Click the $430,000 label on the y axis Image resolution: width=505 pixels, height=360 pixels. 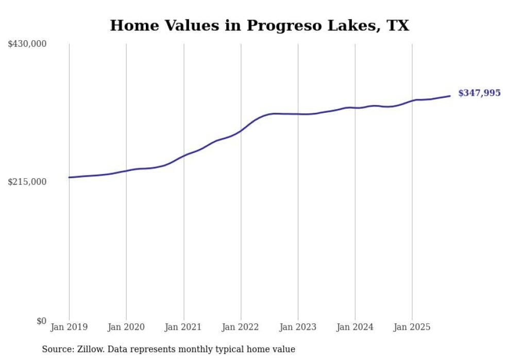(x=27, y=44)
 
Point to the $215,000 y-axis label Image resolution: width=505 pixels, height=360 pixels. (x=27, y=182)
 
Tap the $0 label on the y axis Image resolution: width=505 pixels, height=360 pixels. (x=41, y=321)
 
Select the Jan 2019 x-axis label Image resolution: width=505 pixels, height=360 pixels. (x=69, y=327)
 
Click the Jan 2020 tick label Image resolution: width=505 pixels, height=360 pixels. (x=126, y=327)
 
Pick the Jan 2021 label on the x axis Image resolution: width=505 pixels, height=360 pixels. (x=183, y=327)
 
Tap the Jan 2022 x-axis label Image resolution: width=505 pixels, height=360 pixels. (x=241, y=327)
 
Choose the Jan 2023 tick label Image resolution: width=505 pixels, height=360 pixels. (x=298, y=327)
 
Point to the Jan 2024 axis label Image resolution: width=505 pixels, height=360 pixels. (x=355, y=327)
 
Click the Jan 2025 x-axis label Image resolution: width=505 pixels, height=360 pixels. (x=412, y=327)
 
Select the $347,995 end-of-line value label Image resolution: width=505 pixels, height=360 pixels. (x=479, y=93)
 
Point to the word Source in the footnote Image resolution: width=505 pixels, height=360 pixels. (x=56, y=349)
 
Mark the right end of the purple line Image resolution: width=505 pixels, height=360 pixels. (x=450, y=96)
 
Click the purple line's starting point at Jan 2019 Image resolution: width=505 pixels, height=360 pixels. (x=69, y=177)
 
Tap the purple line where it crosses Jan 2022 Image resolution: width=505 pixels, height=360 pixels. (x=241, y=131)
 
